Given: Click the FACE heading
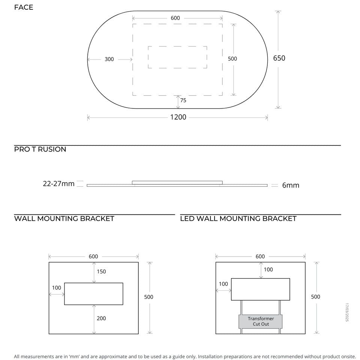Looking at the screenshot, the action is coord(24,7).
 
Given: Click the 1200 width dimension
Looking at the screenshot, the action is coord(178,117).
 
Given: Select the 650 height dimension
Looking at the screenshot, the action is coord(279,58).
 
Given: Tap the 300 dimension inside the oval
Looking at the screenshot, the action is coord(109,59).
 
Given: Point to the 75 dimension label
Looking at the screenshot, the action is coord(183,100).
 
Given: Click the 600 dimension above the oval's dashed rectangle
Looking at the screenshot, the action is coord(175,18).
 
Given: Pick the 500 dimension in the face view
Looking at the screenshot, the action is coord(232,59).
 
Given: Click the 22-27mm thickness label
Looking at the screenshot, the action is coord(59,184).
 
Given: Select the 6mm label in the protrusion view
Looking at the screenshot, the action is coord(291,185).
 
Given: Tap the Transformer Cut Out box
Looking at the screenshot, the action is coord(261,321).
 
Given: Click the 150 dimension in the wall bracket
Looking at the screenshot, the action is coord(101,271).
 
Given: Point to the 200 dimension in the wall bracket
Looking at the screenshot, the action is coord(101,318).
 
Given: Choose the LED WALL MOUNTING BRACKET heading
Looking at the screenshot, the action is coord(238,219).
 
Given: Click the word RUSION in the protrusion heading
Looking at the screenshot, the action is coord(52,149).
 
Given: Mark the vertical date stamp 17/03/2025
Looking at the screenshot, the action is coord(347,312).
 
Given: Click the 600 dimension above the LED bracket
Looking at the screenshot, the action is coord(260,256).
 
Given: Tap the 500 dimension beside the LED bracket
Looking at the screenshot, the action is coord(315,297).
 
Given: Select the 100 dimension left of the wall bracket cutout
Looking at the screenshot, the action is coord(57,288).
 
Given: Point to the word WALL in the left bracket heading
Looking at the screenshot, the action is coord(25,219).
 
